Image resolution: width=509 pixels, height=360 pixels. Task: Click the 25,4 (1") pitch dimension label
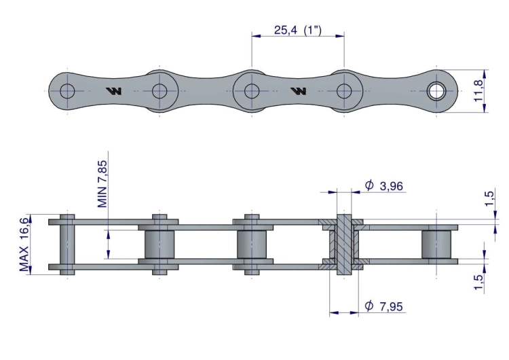[298, 30]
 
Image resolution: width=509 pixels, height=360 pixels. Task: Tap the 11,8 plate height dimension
[479, 90]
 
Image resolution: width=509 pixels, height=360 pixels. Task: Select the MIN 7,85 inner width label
[102, 184]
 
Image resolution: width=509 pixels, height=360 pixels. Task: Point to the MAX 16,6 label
[24, 245]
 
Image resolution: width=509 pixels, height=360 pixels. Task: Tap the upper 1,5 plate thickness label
[489, 198]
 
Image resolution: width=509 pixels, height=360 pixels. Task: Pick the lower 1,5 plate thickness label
[479, 283]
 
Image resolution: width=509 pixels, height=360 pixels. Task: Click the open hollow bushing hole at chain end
[436, 91]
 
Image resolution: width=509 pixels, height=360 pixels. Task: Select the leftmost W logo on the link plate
[114, 91]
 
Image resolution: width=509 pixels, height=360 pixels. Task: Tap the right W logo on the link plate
[299, 91]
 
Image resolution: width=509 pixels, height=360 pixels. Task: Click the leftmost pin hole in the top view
[67, 91]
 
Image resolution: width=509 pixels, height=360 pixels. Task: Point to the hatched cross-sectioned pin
[344, 245]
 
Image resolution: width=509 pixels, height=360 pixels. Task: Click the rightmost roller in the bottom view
[436, 245]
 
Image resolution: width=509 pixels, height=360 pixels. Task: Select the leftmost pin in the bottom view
[67, 245]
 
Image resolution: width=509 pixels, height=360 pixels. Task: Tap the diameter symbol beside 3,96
[369, 185]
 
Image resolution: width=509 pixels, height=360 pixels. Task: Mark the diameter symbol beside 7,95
[369, 306]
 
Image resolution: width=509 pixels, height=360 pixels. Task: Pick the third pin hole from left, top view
[252, 91]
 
